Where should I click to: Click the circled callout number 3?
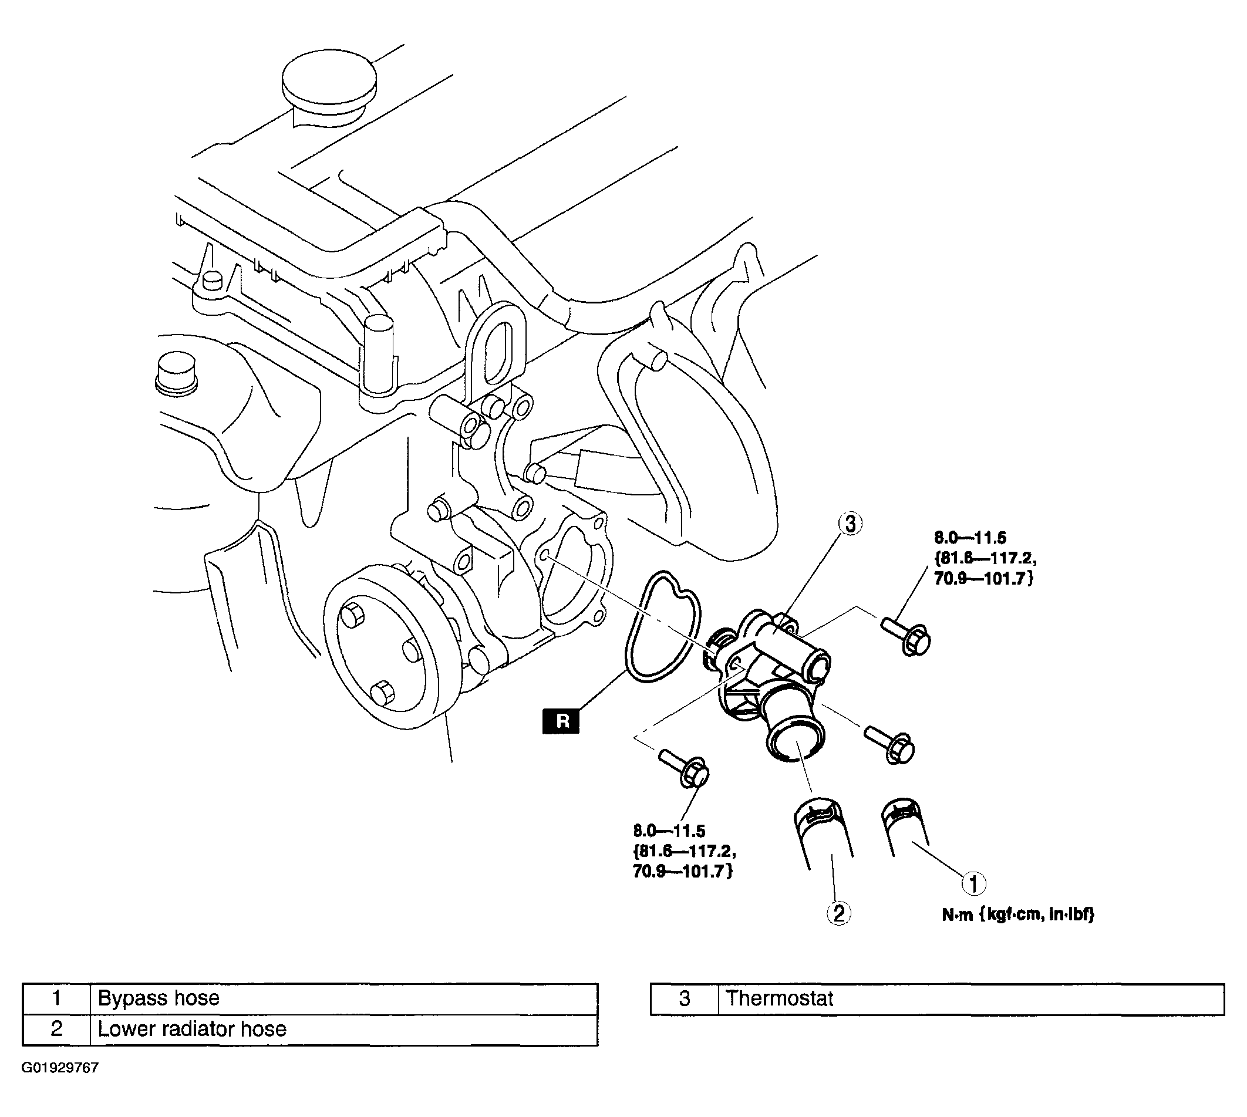tap(850, 524)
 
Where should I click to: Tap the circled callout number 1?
tap(973, 884)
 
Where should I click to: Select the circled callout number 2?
tap(839, 913)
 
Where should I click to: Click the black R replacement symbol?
tap(561, 721)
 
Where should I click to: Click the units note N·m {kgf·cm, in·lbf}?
tap(1019, 915)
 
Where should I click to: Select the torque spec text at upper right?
tap(985, 559)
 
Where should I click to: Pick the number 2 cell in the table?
tap(56, 1029)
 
